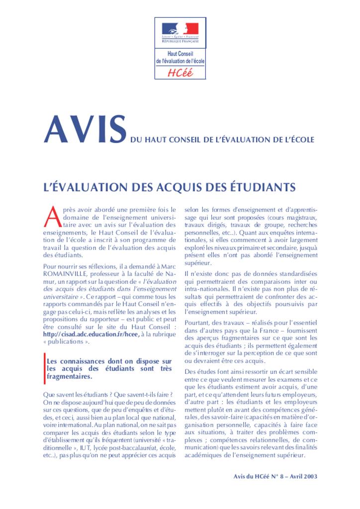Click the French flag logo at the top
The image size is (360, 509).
click(180, 29)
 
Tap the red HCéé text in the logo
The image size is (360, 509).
click(180, 73)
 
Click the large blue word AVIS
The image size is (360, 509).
click(85, 130)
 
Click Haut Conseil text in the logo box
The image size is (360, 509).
click(180, 54)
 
